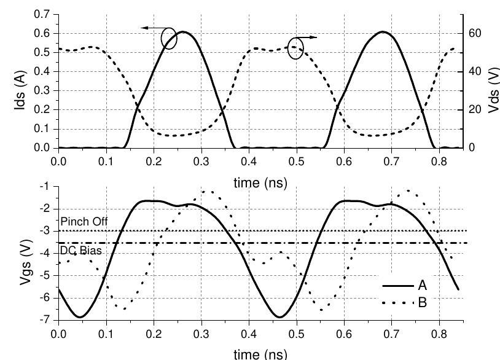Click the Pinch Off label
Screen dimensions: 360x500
(80, 221)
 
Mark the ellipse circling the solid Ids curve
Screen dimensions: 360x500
(169, 39)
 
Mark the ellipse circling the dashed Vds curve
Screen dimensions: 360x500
(295, 49)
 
